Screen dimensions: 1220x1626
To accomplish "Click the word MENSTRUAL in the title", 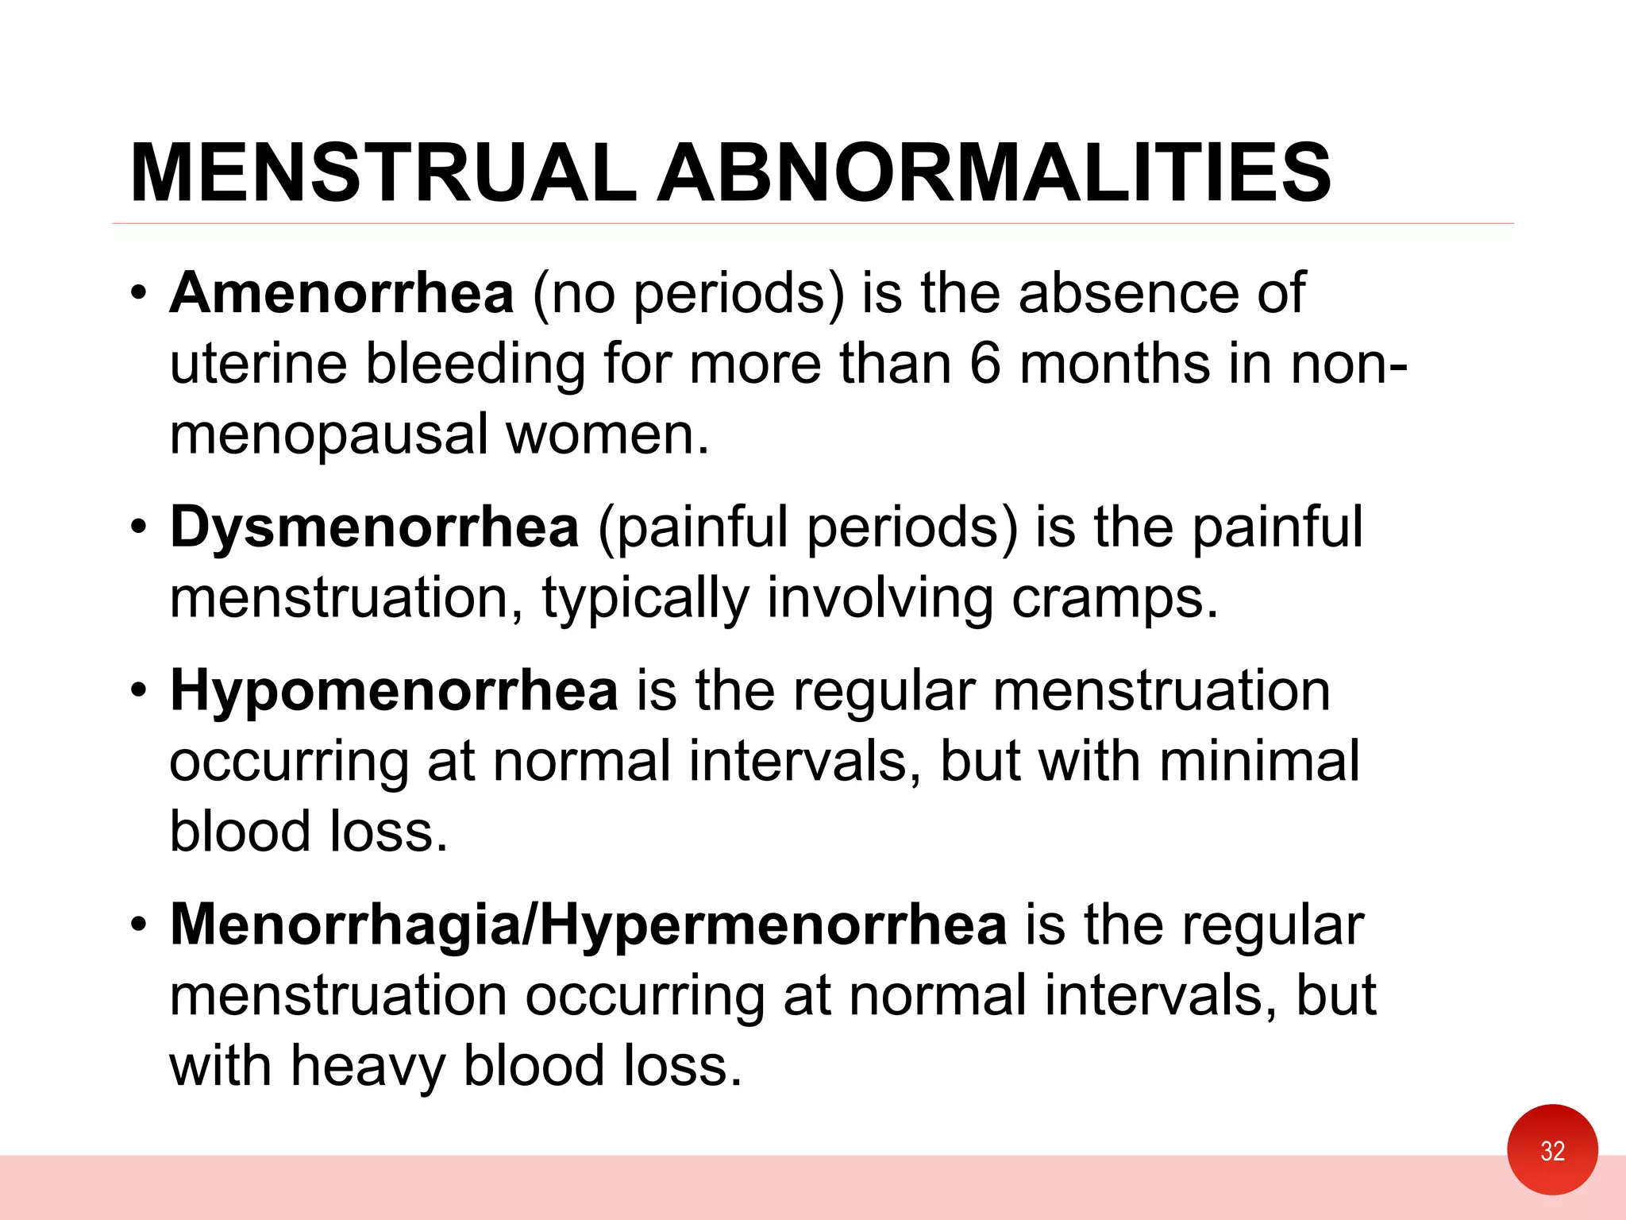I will coord(383,173).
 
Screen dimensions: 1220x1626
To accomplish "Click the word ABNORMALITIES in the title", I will coord(995,173).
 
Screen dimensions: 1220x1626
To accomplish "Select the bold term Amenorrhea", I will coord(342,293).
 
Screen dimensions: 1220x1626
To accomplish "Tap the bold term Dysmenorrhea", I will coord(374,527).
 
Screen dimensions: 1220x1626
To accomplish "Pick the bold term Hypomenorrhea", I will coord(394,690).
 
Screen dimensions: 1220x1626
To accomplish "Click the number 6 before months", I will coord(985,365).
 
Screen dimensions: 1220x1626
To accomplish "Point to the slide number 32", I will coord(1552,1151).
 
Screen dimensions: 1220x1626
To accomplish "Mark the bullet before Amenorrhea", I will coord(139,293).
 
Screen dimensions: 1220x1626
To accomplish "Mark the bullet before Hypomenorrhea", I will coord(139,690).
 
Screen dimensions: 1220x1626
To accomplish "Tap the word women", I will coord(607,435).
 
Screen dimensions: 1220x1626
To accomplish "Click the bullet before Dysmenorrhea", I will coord(139,527).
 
